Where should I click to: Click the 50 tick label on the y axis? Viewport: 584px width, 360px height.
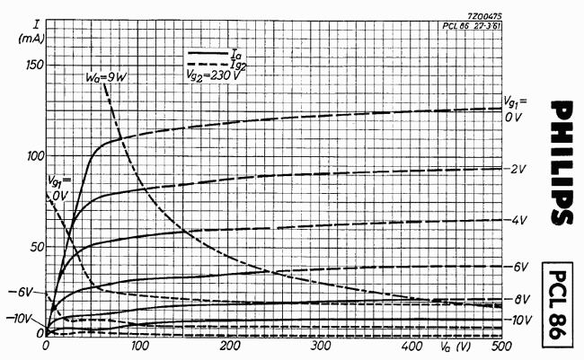tap(35, 247)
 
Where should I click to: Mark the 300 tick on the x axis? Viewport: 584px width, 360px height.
tap(320, 346)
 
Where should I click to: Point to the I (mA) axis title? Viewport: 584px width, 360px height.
tap(22, 30)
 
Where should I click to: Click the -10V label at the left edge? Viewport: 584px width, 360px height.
tap(21, 319)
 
